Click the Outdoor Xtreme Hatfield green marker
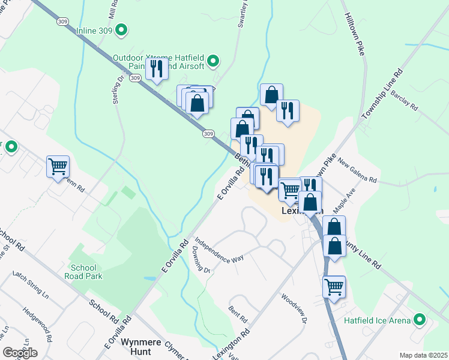(x=212, y=60)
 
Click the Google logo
(x=20, y=353)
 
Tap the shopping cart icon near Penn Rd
(x=58, y=166)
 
